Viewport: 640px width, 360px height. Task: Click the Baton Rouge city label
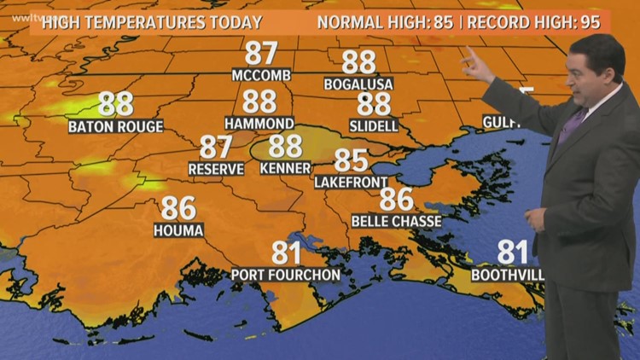[x=115, y=127]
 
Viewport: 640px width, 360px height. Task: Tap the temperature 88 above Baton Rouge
[x=115, y=104]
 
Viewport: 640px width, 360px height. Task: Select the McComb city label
[x=261, y=75]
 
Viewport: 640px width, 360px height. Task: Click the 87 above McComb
[x=261, y=53]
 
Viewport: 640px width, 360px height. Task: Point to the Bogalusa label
[x=358, y=83]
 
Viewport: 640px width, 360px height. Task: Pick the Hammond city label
[x=259, y=123]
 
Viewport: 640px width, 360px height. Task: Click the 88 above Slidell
[x=374, y=104]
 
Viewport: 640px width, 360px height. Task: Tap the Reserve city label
[x=216, y=169]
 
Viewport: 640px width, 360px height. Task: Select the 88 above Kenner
[x=286, y=146]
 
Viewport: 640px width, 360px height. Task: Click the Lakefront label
[x=351, y=182]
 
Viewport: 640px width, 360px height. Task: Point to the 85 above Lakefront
[x=351, y=160]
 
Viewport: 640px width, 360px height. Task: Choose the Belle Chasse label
[x=396, y=221]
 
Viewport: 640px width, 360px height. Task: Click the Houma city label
[x=178, y=230]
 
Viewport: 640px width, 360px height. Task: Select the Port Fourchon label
[x=286, y=275]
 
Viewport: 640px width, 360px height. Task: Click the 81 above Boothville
[x=513, y=253]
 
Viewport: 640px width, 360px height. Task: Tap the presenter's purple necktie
[x=573, y=124]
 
